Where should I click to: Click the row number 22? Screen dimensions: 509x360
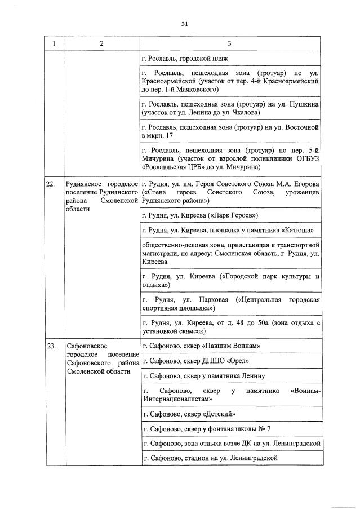(x=50, y=184)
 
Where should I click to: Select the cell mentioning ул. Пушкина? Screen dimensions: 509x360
(x=231, y=109)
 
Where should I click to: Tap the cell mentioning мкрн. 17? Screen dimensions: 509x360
(x=231, y=132)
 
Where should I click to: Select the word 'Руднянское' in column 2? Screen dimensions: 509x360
(x=84, y=184)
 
